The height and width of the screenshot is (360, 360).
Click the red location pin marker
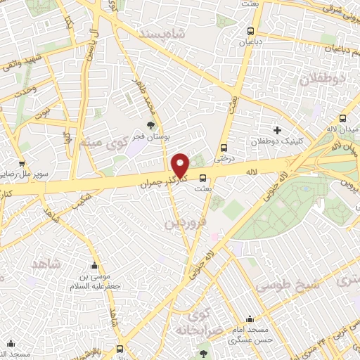tap(181, 165)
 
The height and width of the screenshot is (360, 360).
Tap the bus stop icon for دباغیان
tap(250, 31)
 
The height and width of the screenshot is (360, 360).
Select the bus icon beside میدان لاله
tap(343, 119)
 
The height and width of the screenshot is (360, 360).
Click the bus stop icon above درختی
tap(224, 148)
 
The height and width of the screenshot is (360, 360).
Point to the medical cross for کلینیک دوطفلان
tap(277, 129)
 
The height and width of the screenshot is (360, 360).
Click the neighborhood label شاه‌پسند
tap(163, 34)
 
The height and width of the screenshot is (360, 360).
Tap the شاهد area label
tap(47, 264)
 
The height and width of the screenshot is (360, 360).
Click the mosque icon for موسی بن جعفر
tap(95, 266)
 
